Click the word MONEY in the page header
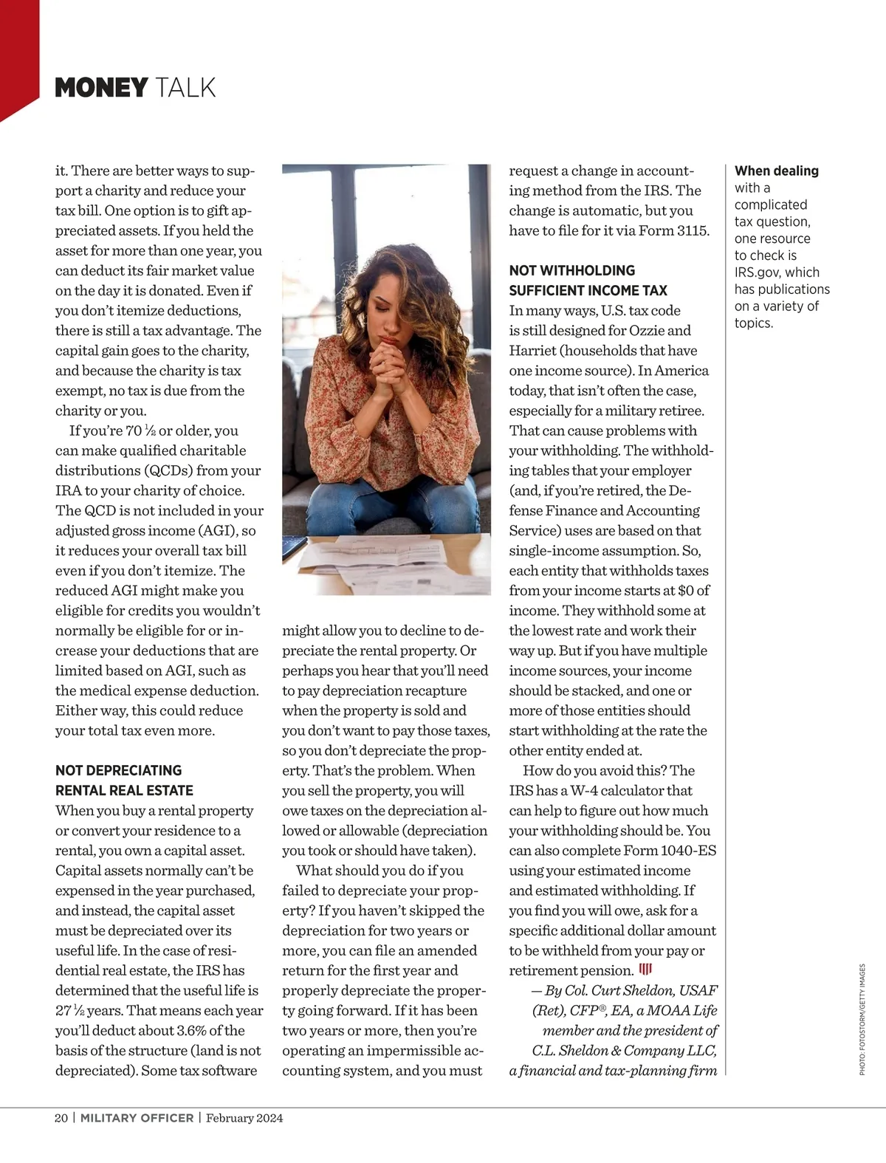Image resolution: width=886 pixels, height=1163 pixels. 102,88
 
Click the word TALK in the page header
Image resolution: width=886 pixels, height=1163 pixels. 185,88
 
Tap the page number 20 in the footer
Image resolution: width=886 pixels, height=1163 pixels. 61,1118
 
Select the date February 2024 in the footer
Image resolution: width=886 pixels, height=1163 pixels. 244,1118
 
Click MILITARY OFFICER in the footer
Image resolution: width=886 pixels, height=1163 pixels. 137,1118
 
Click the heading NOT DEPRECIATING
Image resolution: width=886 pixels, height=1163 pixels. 118,770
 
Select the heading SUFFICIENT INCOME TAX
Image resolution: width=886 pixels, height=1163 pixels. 588,290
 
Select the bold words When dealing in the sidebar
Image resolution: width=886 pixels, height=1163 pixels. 776,171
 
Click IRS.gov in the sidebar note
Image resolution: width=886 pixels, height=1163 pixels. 757,272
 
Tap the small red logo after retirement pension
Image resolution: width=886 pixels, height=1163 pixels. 645,970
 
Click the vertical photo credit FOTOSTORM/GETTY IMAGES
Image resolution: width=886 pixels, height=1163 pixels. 862,1020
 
